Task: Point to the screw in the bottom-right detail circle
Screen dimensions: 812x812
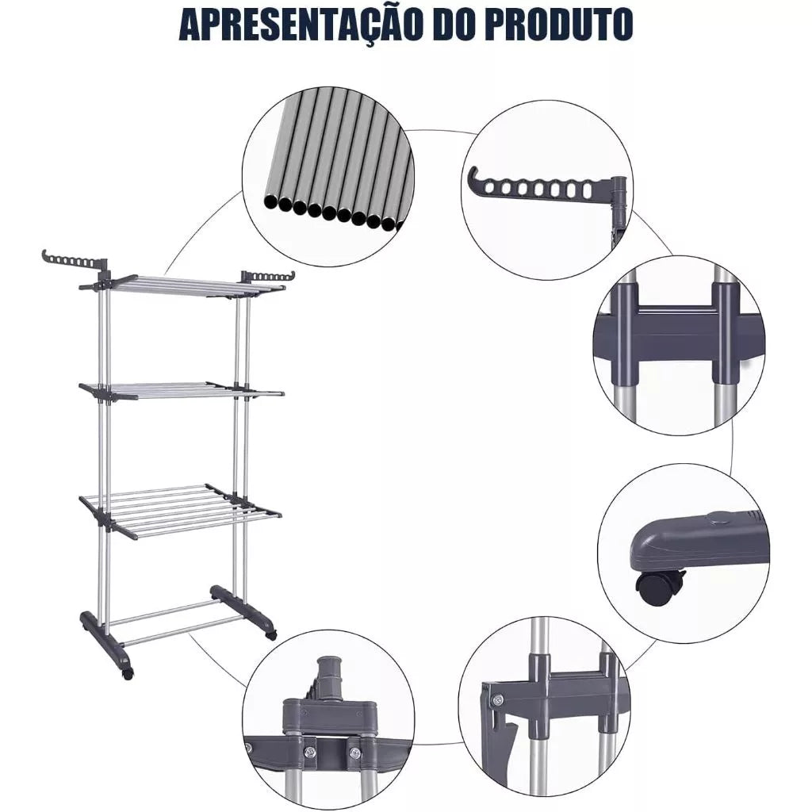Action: click(x=497, y=699)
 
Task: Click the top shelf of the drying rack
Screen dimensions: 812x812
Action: click(x=182, y=285)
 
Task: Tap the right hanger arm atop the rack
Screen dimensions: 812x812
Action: click(x=268, y=276)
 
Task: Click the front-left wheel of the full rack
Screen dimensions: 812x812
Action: click(x=127, y=672)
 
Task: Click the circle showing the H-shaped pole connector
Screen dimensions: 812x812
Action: click(x=679, y=345)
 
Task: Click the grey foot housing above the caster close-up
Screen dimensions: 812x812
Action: click(x=698, y=542)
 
